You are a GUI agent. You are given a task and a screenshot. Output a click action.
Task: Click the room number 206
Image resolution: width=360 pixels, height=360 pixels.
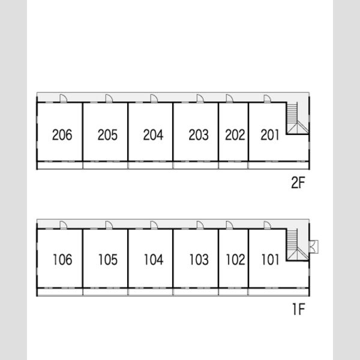(62, 135)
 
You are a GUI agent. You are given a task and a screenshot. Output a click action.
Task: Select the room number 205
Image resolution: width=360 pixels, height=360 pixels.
(107, 135)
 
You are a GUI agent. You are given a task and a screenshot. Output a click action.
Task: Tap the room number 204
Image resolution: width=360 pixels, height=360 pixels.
(153, 135)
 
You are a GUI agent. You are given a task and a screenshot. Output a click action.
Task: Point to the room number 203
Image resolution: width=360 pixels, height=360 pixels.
(199, 135)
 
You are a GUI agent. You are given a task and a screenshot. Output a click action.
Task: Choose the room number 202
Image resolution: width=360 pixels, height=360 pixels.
(235, 135)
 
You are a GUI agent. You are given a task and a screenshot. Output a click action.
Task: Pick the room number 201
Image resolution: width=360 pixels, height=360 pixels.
(270, 135)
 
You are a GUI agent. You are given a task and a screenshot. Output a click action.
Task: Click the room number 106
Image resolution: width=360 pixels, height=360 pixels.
(62, 260)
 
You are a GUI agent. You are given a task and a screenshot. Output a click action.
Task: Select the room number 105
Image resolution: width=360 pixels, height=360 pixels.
(108, 260)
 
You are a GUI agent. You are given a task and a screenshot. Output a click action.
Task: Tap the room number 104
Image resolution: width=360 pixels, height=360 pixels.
(154, 260)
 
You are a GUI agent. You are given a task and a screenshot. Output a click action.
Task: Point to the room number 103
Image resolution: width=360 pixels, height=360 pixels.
(199, 260)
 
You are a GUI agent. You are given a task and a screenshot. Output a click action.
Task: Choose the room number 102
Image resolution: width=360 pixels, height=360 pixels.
(236, 260)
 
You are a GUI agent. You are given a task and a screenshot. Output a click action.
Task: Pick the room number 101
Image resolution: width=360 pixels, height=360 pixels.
(271, 260)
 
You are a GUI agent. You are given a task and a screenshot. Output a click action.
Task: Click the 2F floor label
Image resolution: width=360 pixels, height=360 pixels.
(298, 183)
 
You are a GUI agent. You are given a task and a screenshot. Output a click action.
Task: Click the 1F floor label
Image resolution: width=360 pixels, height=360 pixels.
(298, 309)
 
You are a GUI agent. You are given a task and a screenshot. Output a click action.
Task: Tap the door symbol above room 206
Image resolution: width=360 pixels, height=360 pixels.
(64, 98)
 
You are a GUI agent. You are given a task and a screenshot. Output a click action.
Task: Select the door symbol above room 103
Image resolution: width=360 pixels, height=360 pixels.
(200, 225)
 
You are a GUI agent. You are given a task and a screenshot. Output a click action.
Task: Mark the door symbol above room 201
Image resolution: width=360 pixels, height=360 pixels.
(267, 98)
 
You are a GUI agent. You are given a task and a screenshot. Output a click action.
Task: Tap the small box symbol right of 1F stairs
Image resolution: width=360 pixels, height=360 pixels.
(314, 247)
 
